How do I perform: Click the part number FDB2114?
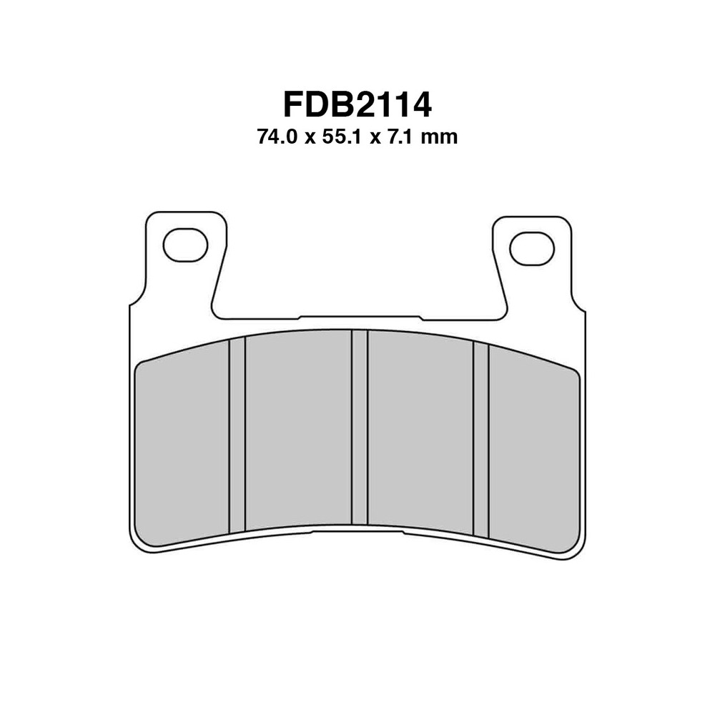tap(357, 105)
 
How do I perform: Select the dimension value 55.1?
tap(342, 137)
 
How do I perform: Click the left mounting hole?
tap(186, 245)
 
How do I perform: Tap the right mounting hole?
tap(532, 249)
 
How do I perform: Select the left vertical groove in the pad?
tap(237, 435)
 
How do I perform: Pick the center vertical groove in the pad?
tap(360, 427)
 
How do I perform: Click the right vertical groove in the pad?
tap(481, 439)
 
